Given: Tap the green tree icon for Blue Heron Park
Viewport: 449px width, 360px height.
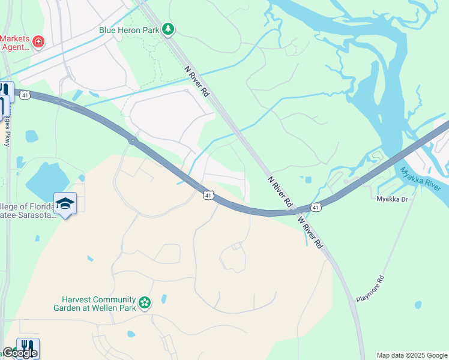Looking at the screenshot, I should [169, 28].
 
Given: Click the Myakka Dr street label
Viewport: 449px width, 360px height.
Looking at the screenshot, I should [392, 199].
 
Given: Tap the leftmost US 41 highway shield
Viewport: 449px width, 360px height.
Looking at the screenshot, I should [25, 95].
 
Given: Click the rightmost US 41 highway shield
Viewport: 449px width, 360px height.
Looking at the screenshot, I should [315, 207].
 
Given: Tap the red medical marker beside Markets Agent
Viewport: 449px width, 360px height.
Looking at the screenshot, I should [38, 41].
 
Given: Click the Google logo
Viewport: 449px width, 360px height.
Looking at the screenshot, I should [19, 353].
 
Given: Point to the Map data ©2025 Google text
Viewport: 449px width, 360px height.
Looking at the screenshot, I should [412, 355].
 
